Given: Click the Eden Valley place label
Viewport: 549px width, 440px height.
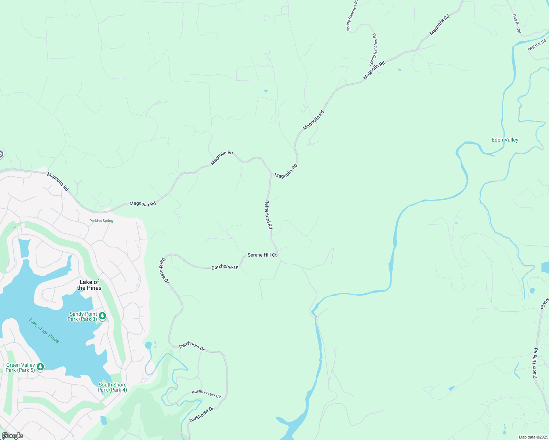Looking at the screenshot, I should tap(505, 140).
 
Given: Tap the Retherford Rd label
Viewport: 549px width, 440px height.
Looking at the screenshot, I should tap(268, 215).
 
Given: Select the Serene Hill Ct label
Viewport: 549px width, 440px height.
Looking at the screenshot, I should tap(262, 255).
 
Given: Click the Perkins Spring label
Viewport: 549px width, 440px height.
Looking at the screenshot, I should tap(101, 221).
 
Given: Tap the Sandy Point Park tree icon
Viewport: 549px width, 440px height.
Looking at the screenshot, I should tap(102, 316).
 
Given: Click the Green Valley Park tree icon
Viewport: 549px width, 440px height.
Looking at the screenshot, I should tap(40, 367).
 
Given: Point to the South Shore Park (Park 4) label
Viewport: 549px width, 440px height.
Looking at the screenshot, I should tap(112, 387).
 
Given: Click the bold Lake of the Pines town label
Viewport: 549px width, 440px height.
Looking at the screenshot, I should tap(90, 285).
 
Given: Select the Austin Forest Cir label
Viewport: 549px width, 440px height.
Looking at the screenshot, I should tap(207, 394).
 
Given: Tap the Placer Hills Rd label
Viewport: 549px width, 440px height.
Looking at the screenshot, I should tap(535, 363).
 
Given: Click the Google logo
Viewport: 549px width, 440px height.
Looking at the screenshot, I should tap(12, 436).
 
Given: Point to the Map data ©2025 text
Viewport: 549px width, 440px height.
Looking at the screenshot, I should tap(533, 437).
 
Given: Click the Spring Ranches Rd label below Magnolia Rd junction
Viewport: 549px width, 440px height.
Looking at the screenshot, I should tap(373, 50).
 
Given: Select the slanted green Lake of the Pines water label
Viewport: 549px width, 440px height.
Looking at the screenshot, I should tap(44, 331).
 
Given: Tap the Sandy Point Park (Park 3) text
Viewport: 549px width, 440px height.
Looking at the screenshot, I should tap(83, 316).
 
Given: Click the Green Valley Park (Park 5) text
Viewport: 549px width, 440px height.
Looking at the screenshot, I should tap(21, 367).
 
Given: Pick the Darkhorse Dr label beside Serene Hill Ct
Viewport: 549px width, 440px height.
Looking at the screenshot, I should tap(225, 267).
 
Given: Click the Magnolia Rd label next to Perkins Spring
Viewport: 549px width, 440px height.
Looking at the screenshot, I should tap(143, 203).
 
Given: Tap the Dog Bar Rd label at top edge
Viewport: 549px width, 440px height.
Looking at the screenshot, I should tap(516, 23).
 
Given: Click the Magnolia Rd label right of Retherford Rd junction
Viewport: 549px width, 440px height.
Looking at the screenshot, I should tap(286, 171).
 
